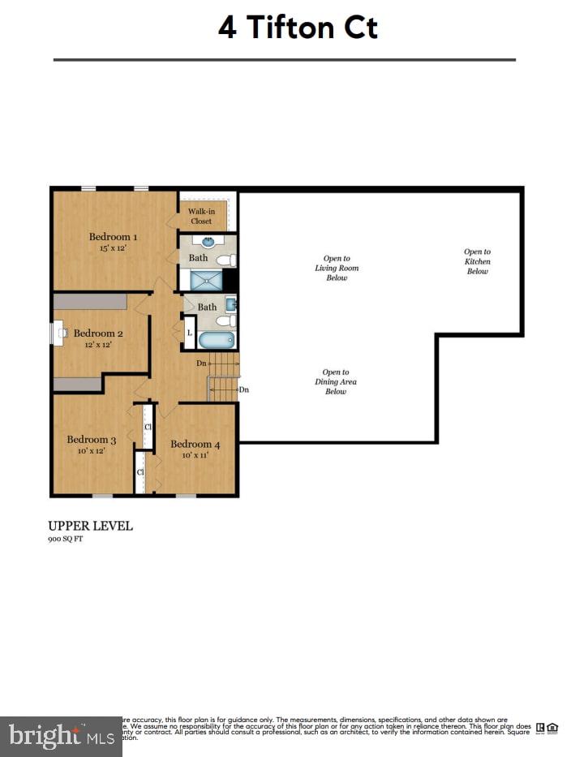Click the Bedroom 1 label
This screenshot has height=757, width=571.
click(113, 237)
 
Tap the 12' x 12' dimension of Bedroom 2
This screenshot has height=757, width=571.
click(93, 345)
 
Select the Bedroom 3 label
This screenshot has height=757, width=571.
click(91, 440)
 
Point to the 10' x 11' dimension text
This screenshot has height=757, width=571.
click(195, 455)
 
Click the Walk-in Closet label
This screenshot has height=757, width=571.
click(200, 216)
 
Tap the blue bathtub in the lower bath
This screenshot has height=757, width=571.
click(217, 340)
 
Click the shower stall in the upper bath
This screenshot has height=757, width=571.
click(206, 280)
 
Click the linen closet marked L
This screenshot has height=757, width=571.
click(189, 333)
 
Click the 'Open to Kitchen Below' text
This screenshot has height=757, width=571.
click(477, 261)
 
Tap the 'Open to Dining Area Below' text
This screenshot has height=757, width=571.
click(336, 381)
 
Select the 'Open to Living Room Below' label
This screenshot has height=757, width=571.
click(336, 268)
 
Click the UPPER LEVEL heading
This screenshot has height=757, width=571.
click(91, 526)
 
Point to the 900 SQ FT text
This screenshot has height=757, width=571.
click(65, 539)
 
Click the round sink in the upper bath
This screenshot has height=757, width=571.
click(208, 241)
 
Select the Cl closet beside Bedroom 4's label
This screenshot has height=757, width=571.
click(148, 427)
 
